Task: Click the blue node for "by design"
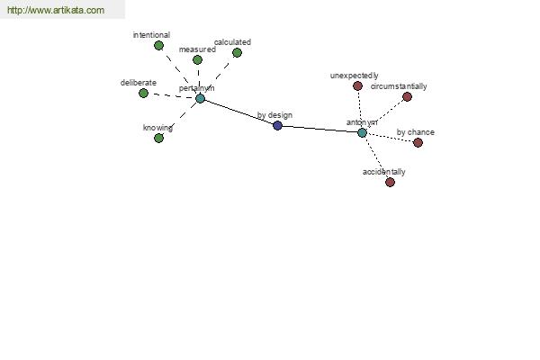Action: (277, 125)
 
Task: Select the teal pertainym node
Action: (200, 98)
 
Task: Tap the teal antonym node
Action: (362, 132)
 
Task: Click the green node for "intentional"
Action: (158, 45)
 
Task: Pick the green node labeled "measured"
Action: (197, 60)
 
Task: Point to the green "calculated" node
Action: (237, 53)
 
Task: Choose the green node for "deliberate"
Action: (143, 93)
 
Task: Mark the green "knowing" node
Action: (158, 138)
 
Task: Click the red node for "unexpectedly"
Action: (358, 85)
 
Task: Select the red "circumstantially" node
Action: (407, 97)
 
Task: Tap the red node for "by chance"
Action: (418, 142)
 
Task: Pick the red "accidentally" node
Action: (390, 182)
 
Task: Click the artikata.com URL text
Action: (56, 10)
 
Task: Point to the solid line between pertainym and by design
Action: (238, 112)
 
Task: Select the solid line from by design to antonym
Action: (319, 129)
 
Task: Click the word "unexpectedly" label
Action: (354, 76)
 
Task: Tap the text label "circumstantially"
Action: (399, 86)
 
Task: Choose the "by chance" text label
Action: (415, 132)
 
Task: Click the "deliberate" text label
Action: (138, 83)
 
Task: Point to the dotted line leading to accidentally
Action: (375, 157)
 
